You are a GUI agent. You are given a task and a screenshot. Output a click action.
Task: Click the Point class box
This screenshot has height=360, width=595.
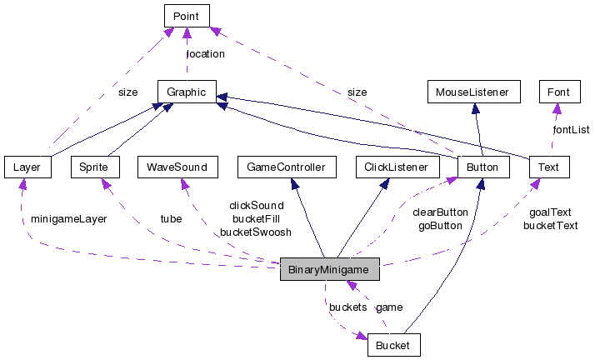tap(186, 16)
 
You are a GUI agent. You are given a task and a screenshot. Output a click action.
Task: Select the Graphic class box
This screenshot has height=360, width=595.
tap(187, 92)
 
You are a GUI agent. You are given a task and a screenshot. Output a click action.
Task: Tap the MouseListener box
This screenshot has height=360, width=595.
tap(472, 92)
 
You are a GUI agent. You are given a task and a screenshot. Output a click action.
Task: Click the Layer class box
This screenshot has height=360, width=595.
tap(27, 167)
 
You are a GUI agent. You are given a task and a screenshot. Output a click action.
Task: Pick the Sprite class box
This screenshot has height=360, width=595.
tap(94, 167)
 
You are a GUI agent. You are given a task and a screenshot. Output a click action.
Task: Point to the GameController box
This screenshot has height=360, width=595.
tap(287, 167)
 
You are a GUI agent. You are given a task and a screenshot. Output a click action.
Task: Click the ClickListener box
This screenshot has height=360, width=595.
tap(397, 167)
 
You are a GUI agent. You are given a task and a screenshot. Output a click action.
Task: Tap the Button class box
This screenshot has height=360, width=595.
tap(482, 167)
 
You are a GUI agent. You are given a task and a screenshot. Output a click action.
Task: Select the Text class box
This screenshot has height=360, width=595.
tap(548, 167)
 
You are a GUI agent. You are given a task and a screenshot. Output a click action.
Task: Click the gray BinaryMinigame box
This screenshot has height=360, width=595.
tap(330, 270)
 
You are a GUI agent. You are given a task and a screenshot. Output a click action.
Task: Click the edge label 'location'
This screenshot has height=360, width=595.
tap(205, 54)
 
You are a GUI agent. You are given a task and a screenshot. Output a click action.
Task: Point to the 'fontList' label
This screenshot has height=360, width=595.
tap(571, 129)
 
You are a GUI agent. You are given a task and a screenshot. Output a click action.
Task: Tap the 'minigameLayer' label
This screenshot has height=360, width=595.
tap(69, 219)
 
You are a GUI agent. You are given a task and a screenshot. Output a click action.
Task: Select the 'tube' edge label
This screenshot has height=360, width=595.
tap(171, 219)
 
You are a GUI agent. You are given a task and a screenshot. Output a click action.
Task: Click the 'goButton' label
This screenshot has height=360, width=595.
tap(440, 225)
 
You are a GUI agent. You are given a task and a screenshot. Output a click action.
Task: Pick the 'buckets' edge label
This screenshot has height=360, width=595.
tap(347, 307)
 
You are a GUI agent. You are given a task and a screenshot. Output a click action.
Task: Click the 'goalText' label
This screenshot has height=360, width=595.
tap(550, 212)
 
